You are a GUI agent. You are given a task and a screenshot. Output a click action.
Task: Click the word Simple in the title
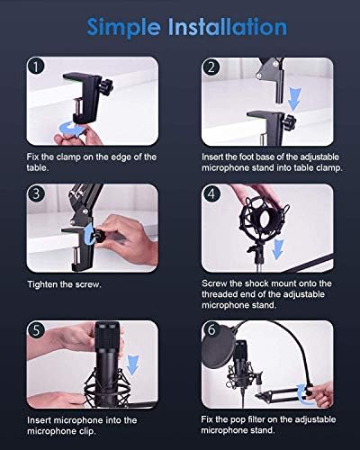point(124,28)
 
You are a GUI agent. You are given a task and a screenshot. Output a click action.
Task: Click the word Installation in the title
point(228,26)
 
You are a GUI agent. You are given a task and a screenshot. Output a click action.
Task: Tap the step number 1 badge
point(36,67)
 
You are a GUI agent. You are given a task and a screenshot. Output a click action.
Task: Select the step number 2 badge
point(211,67)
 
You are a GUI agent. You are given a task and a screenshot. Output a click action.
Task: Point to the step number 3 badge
point(36,193)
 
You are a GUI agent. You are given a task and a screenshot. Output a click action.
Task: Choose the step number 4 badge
point(211,193)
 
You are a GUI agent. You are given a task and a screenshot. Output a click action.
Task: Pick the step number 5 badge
point(36,330)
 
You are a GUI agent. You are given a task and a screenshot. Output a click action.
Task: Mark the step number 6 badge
point(211,330)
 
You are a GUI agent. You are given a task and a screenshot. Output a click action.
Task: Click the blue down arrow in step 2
point(294,99)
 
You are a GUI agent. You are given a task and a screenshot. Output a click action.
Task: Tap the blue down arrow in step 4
point(278,248)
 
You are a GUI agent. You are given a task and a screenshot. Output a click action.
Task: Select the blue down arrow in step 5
point(132,364)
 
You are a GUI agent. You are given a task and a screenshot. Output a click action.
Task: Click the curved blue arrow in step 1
point(72,129)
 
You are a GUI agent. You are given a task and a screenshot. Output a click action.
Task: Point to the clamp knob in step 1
point(107,85)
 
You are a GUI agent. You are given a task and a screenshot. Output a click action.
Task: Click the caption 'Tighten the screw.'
point(64,284)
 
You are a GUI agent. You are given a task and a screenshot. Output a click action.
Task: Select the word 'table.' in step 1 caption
point(38,167)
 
